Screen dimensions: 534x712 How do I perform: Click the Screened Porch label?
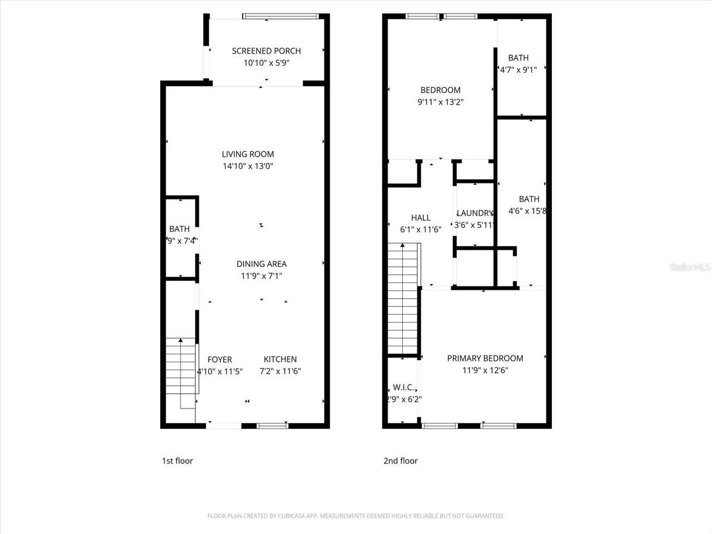click(x=266, y=51)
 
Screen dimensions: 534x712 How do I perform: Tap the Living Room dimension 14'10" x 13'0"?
click(x=248, y=166)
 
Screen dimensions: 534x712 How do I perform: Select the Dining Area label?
click(x=261, y=264)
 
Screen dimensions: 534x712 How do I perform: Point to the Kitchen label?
click(x=280, y=359)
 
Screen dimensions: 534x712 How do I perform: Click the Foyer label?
click(x=220, y=359)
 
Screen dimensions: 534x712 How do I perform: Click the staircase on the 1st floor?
click(x=181, y=373)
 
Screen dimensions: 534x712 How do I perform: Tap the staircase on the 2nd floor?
click(x=402, y=300)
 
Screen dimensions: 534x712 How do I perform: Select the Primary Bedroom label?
click(x=485, y=358)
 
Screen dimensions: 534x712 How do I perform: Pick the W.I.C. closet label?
click(x=403, y=387)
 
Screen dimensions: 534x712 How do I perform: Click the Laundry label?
click(x=474, y=213)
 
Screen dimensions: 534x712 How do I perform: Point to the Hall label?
click(x=421, y=217)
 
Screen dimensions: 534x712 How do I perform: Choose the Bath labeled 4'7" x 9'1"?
click(x=518, y=58)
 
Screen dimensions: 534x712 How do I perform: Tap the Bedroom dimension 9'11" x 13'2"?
click(x=440, y=102)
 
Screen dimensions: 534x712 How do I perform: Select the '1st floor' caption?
click(x=177, y=461)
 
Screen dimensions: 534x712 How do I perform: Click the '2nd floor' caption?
click(x=400, y=461)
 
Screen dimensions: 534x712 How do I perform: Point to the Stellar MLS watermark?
click(x=690, y=268)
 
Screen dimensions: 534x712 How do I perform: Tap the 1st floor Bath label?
click(x=179, y=229)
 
